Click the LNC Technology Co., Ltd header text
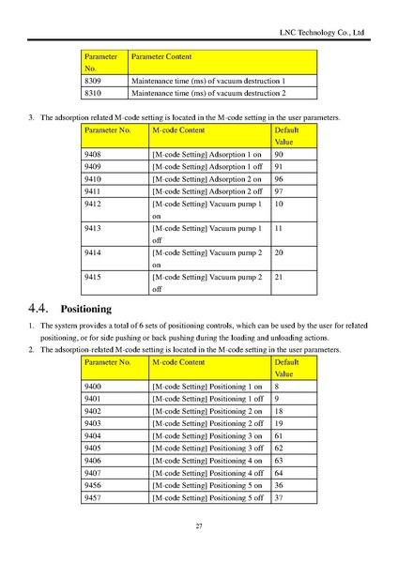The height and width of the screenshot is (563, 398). [321, 34]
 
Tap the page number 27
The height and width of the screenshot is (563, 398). [199, 526]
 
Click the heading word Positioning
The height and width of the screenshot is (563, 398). [85, 308]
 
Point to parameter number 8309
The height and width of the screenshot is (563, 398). [93, 82]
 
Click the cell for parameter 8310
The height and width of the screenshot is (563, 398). [93, 94]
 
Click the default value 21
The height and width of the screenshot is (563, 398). [279, 278]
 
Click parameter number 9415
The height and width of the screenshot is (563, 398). [93, 278]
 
